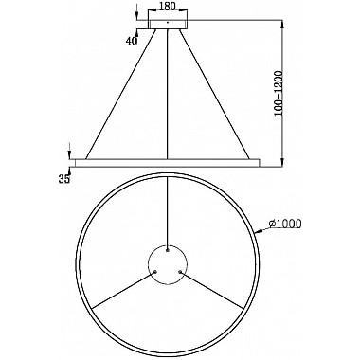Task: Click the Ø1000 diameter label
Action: (x=286, y=223)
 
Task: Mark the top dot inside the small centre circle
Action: (x=168, y=251)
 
